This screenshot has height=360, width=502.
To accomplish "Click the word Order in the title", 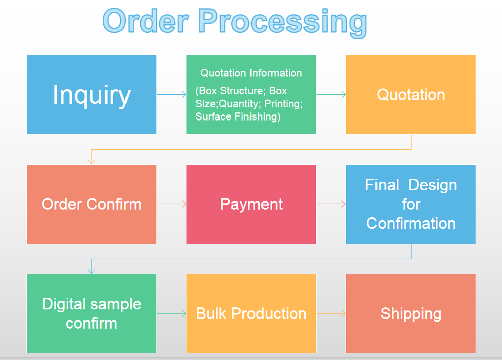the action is (x=146, y=21).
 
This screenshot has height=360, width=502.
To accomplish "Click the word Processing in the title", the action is (x=283, y=23).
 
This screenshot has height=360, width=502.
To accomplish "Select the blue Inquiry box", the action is (x=91, y=94).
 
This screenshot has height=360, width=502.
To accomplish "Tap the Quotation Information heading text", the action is (x=252, y=73).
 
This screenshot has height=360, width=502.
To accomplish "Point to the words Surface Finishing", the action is (x=238, y=116).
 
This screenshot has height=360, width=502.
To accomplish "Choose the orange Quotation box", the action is (x=411, y=94).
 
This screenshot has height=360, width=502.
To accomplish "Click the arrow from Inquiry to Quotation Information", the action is (x=171, y=94).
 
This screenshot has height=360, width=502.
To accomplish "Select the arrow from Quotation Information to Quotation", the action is (x=331, y=94).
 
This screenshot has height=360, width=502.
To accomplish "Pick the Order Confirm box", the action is (x=91, y=204).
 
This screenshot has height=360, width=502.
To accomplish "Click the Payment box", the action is (x=251, y=204).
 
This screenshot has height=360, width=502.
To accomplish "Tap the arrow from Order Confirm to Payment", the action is (x=171, y=204).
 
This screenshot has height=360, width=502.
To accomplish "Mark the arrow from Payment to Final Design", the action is (x=331, y=204).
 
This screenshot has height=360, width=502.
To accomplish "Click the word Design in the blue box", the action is (x=433, y=186).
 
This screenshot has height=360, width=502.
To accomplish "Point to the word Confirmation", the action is (x=411, y=223).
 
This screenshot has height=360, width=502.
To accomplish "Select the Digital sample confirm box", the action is (x=91, y=314).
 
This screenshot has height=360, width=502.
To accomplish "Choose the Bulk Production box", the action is (x=251, y=314).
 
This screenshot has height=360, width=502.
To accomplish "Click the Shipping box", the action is (x=411, y=314).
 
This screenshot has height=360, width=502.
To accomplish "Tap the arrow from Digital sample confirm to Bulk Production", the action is (x=171, y=314).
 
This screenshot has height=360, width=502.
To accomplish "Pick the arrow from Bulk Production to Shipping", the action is (x=331, y=314).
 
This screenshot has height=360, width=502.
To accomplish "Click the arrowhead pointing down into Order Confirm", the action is (x=91, y=162).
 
